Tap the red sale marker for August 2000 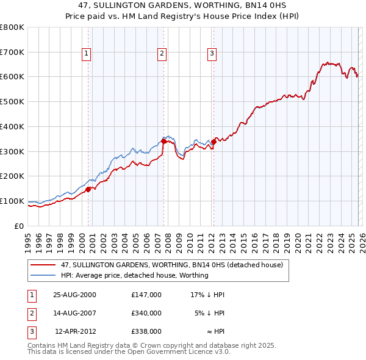[88, 189]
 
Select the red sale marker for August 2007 [163, 142]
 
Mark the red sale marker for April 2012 [213, 142]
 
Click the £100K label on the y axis [12, 201]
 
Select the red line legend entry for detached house [171, 265]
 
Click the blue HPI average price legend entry [134, 275]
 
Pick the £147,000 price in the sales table [146, 294]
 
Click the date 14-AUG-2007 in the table [75, 312]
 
